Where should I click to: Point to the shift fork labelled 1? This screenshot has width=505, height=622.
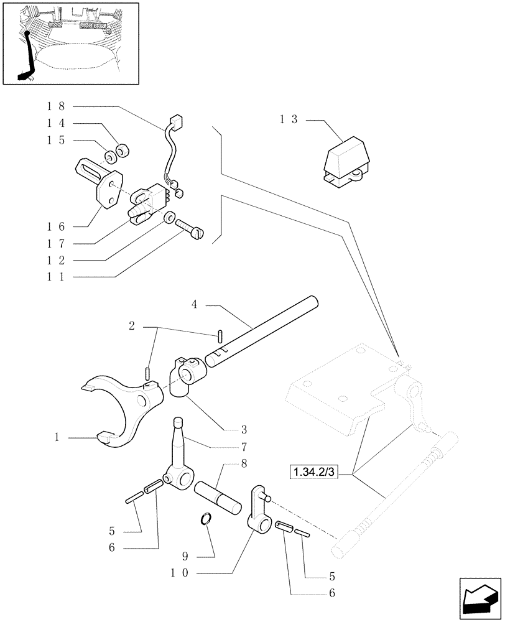(124, 411)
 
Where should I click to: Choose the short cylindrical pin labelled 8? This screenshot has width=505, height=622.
(218, 498)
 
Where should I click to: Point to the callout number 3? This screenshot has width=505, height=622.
(244, 430)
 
